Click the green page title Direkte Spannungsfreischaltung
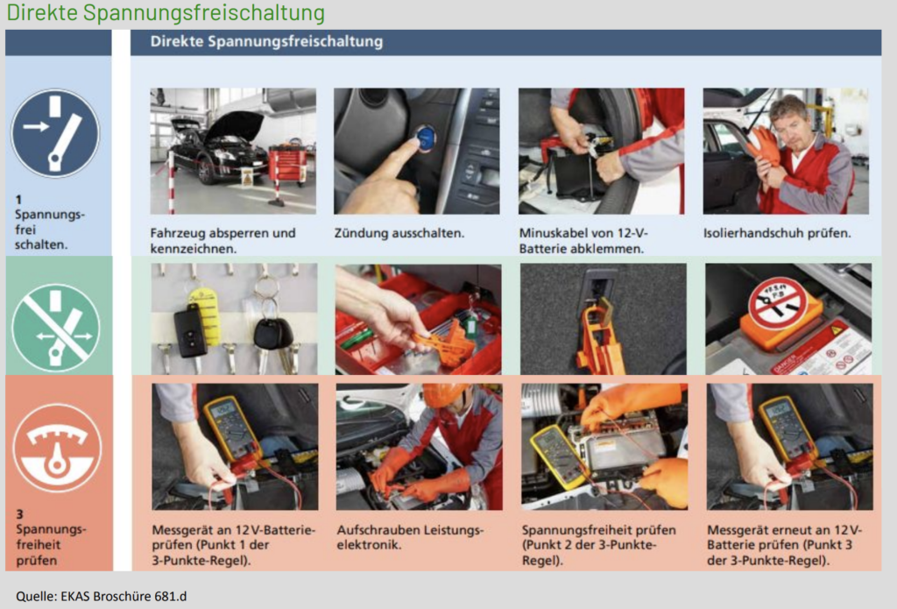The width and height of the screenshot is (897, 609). [166, 12]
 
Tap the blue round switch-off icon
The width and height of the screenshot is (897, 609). [55, 133]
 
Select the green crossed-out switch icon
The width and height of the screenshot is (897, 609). [55, 328]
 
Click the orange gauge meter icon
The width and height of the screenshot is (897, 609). [57, 448]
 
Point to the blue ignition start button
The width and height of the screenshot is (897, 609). [426, 138]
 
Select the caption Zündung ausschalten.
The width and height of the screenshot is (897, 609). [399, 233]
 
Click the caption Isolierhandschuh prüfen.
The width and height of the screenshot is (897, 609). [777, 233]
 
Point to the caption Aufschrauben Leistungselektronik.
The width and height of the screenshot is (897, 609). [410, 537]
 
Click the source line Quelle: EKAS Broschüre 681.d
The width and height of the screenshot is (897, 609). [102, 597]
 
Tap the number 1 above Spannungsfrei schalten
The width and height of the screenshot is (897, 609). [18, 200]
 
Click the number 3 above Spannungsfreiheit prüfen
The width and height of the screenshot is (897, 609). [20, 514]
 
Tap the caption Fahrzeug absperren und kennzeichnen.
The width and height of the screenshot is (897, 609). [223, 241]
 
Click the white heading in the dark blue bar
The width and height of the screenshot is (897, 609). [266, 41]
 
